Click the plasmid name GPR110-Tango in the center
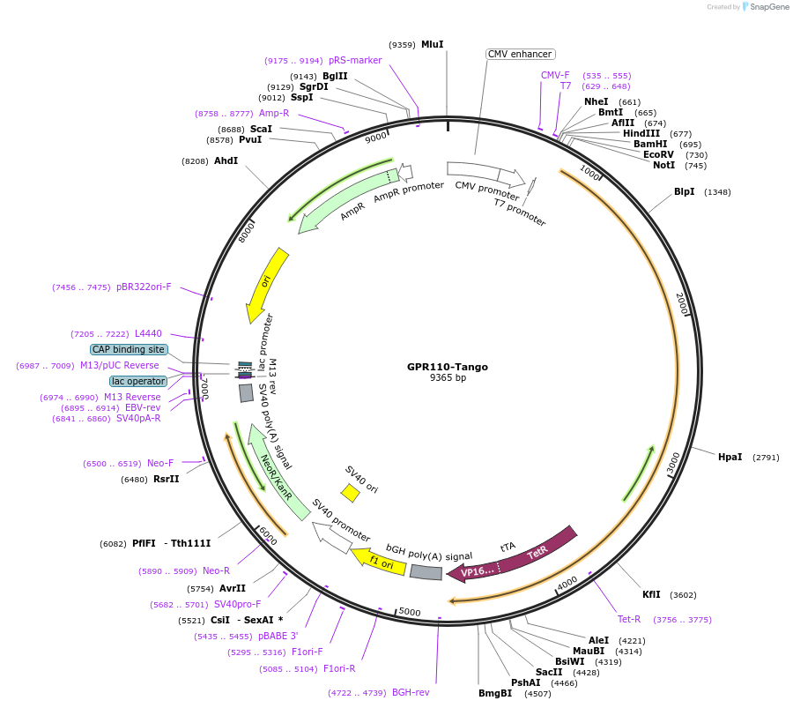(447, 367)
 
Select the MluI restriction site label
(432, 44)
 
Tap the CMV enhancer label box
(520, 54)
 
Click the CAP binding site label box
(128, 349)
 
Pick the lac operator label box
(138, 381)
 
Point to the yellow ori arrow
(267, 283)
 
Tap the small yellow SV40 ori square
(350, 493)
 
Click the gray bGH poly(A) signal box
(426, 572)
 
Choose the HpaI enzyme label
(730, 457)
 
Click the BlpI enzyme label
(684, 191)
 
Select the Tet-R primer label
(628, 619)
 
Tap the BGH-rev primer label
(411, 692)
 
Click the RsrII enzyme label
(166, 479)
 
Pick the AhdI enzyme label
(226, 160)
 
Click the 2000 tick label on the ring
(679, 302)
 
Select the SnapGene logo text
(767, 7)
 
